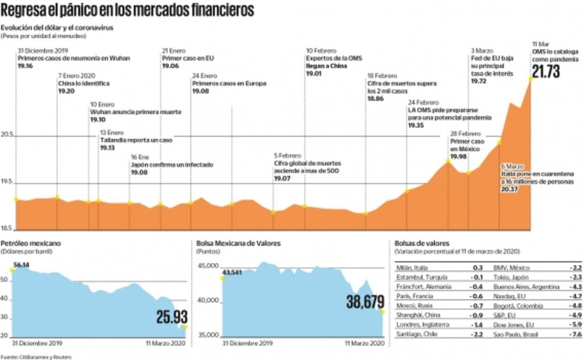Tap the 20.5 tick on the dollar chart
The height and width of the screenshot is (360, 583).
8,134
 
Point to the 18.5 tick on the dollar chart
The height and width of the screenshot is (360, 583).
8,228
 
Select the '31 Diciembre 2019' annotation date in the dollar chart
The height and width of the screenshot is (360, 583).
43,51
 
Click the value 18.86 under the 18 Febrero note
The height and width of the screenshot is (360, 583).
375,99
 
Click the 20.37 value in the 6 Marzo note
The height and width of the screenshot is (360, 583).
510,189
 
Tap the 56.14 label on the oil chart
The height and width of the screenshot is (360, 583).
21,265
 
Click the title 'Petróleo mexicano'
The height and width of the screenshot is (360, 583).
30,243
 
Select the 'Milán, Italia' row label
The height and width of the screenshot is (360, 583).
412,268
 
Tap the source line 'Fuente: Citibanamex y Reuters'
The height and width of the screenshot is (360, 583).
36,356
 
